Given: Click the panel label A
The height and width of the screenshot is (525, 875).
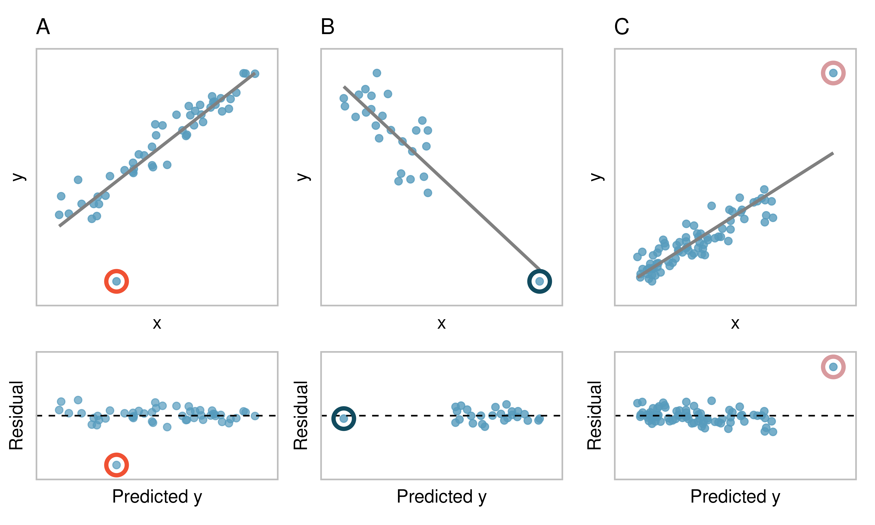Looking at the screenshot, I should tap(43, 27).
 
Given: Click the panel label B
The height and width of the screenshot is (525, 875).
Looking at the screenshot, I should tap(328, 27).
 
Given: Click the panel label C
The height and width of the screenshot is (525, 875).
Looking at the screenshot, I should tap(621, 27).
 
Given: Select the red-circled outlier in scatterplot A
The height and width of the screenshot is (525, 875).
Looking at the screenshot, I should tap(116, 281).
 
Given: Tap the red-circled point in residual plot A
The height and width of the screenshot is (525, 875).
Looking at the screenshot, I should tap(116, 465).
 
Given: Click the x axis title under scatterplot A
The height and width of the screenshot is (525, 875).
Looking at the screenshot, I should tap(157, 323).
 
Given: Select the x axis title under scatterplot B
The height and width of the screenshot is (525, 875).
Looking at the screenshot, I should tap(441, 323).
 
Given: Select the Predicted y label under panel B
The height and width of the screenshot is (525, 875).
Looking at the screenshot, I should tap(441, 497).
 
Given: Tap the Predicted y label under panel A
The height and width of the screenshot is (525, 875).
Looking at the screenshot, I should tap(157, 497).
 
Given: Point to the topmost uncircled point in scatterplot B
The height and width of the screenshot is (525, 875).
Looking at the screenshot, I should tap(377, 73).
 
